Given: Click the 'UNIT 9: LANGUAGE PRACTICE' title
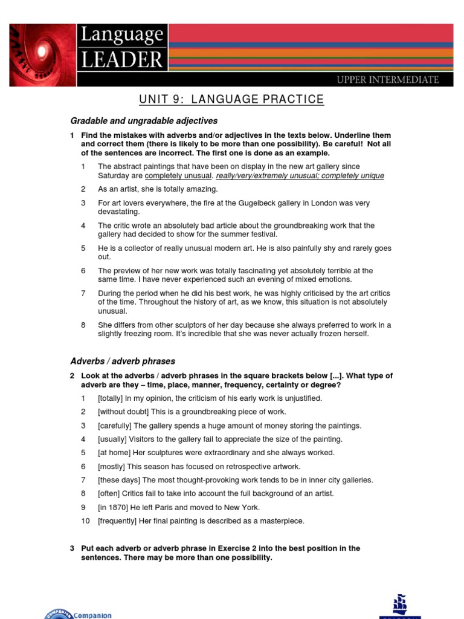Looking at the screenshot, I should click(231, 100).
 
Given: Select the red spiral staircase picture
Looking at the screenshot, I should click(42, 55).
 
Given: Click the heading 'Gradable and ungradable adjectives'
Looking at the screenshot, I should click(144, 121).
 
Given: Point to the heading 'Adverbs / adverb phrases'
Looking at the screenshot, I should click(123, 361).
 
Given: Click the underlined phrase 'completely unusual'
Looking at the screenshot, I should click(179, 176).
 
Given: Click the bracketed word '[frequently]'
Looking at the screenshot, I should click(119, 521).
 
